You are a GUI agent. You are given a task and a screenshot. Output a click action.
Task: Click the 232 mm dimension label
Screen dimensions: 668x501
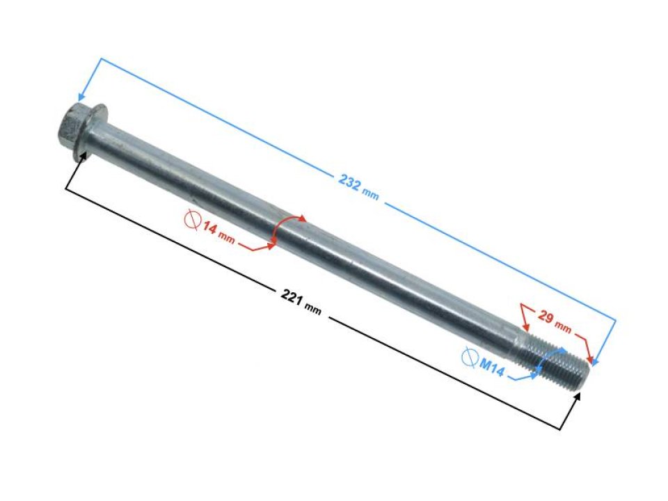point(358,186)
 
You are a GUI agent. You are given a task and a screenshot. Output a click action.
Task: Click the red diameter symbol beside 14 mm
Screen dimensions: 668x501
point(192,220)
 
